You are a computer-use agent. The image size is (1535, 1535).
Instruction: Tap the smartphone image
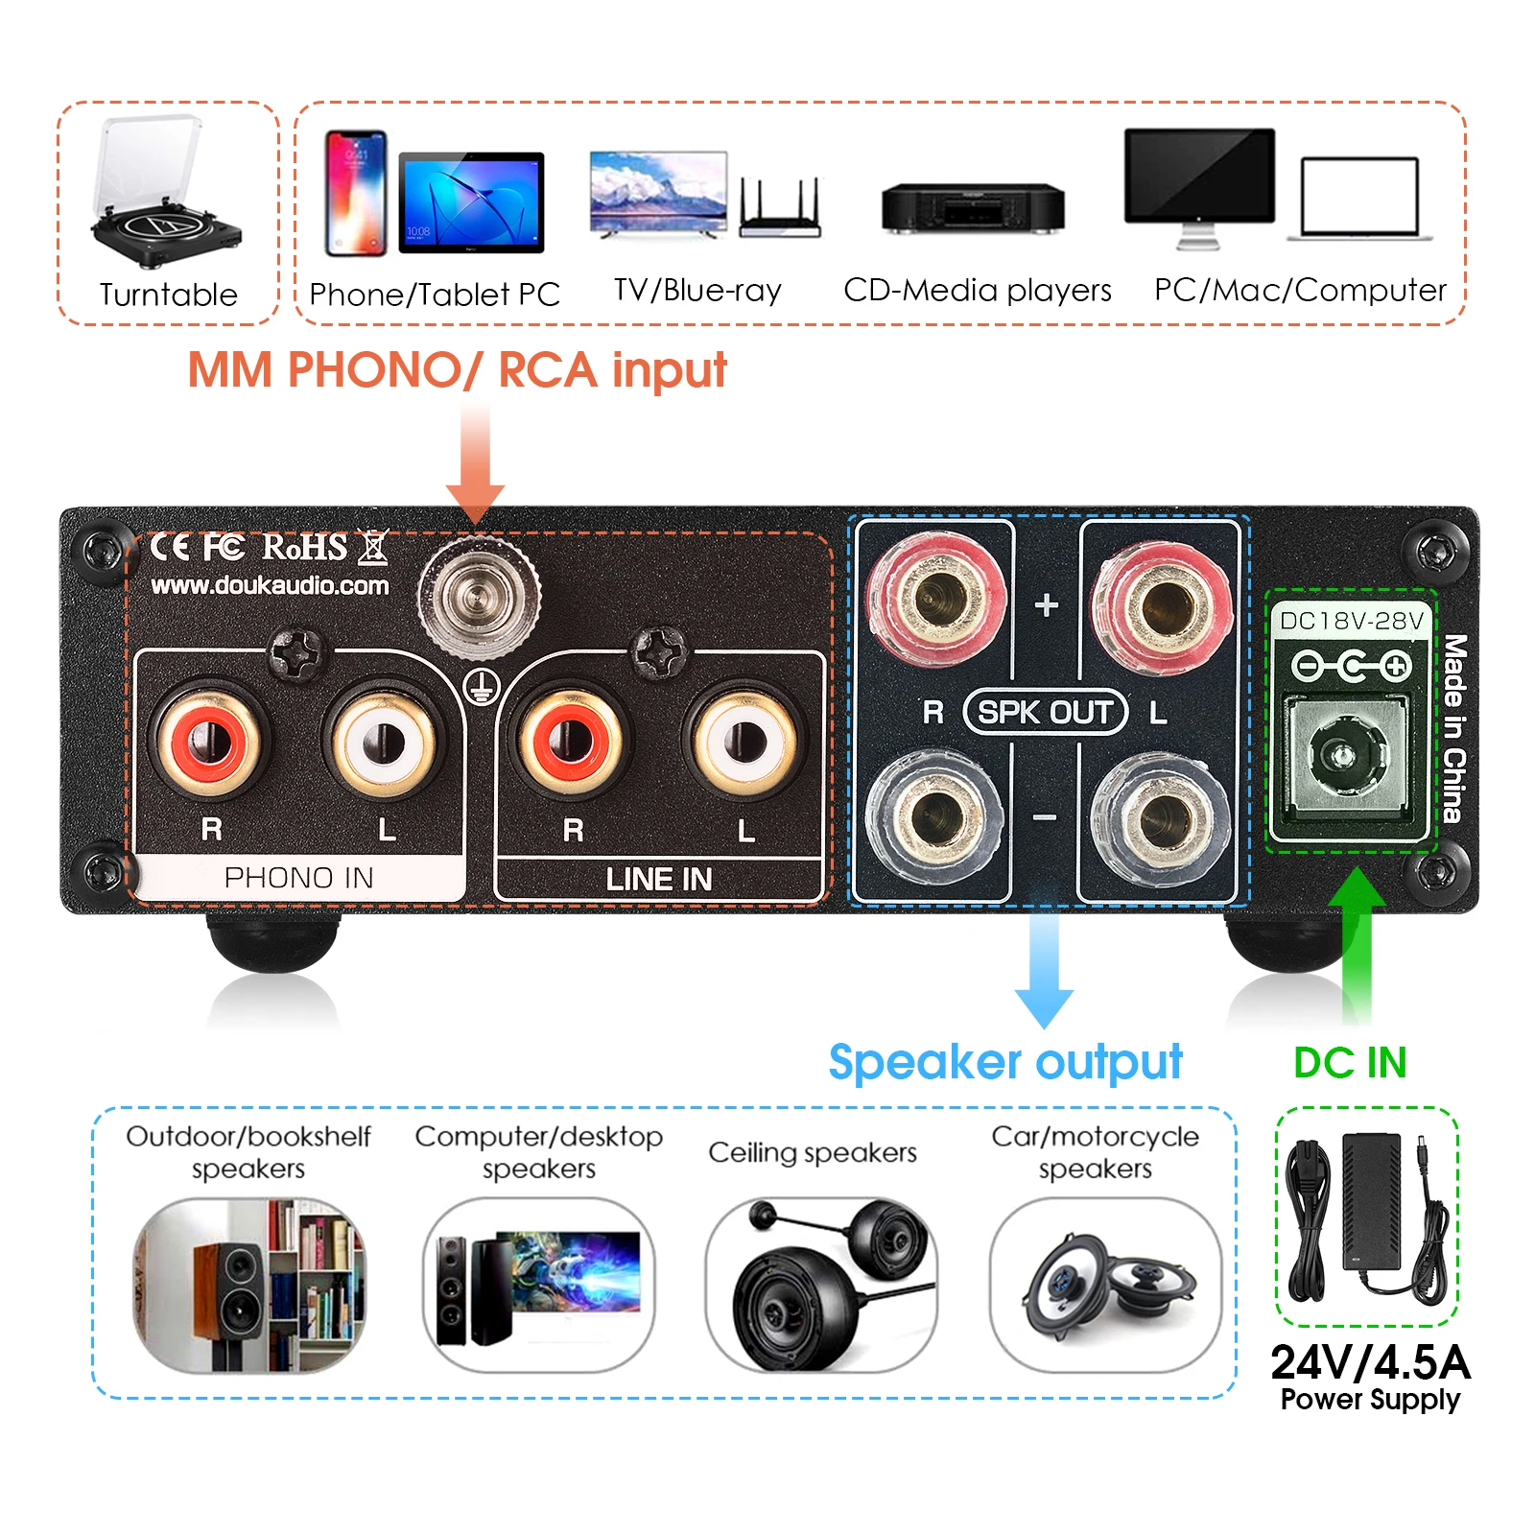[x=356, y=193]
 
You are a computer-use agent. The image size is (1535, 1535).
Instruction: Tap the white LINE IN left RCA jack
[x=744, y=742]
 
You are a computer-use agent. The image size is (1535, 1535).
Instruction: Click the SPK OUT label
[x=1045, y=712]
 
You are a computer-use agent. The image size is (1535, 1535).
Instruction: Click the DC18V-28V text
[x=1351, y=621]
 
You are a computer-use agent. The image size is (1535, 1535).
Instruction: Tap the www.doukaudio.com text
[x=270, y=585]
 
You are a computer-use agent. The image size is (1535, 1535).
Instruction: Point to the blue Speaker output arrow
[x=1044, y=969]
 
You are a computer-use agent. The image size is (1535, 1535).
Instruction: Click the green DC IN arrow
[x=1357, y=945]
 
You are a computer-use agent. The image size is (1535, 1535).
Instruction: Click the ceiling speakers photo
[x=821, y=1284]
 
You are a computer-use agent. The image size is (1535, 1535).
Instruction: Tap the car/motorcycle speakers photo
[x=1105, y=1284]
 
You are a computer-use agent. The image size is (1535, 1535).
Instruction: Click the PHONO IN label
[x=298, y=878]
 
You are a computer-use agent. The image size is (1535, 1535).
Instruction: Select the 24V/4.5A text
[x=1370, y=1362]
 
